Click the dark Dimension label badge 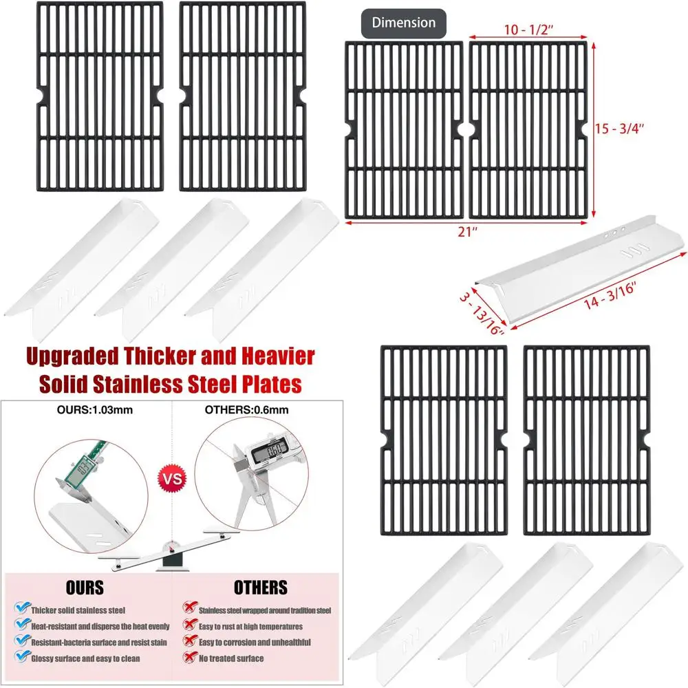tap(404, 23)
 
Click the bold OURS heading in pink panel tap(85, 588)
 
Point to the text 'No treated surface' tap(230, 658)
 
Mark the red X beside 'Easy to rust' tap(187, 625)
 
